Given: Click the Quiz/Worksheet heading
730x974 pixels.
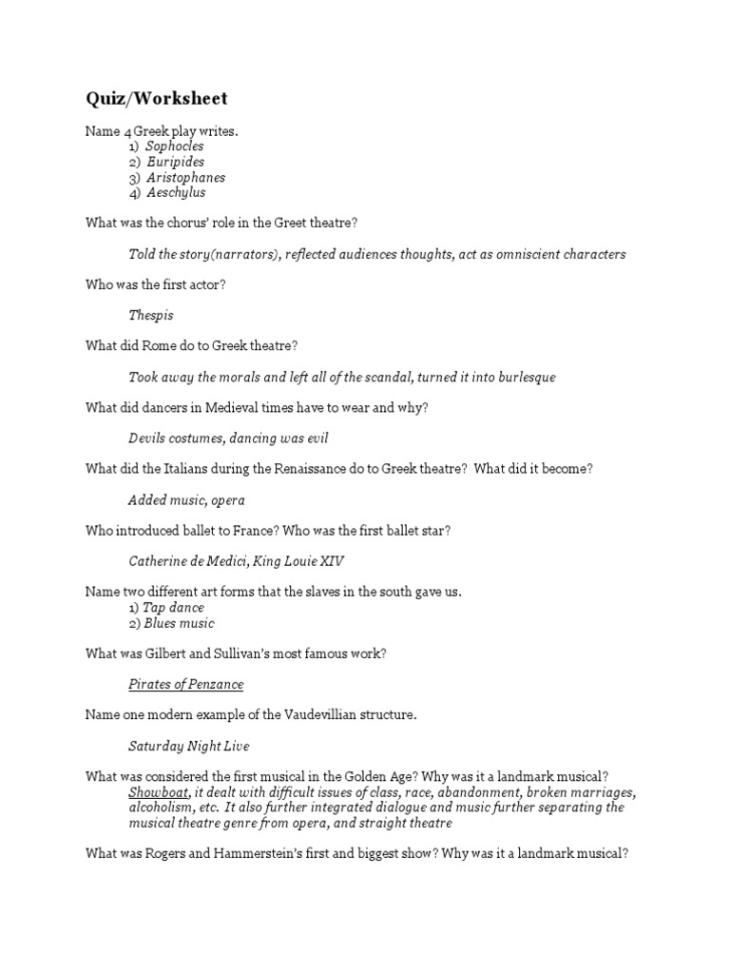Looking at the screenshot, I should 157,99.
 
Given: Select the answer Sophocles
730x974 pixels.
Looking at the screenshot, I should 175,146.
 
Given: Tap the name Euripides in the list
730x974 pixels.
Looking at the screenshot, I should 175,162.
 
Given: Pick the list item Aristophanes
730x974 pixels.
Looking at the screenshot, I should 185,177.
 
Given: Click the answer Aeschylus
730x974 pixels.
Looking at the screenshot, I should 176,192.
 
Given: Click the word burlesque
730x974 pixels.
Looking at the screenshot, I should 517,377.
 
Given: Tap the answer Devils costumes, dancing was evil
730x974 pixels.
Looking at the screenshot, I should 229,438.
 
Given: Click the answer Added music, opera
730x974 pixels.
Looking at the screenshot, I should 187,499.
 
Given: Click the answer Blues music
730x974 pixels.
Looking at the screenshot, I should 179,623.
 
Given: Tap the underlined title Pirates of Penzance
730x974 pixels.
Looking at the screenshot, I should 186,684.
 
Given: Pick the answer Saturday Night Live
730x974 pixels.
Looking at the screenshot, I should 188,746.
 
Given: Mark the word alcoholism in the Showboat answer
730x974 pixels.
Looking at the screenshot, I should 162,808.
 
